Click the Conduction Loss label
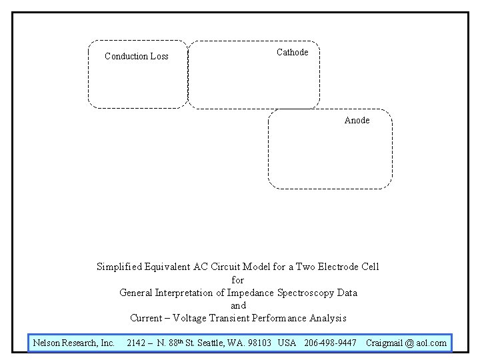pyautogui.click(x=137, y=56)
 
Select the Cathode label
pyautogui.click(x=292, y=52)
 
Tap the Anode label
pyautogui.click(x=357, y=120)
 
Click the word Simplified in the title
pyautogui.click(x=120, y=267)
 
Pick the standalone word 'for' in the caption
pyautogui.click(x=238, y=280)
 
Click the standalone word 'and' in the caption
pyautogui.click(x=238, y=305)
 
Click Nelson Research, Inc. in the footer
pyautogui.click(x=74, y=343)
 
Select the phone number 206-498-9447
pyautogui.click(x=331, y=343)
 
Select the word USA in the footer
pyautogui.click(x=287, y=343)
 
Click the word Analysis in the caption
pyautogui.click(x=328, y=318)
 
